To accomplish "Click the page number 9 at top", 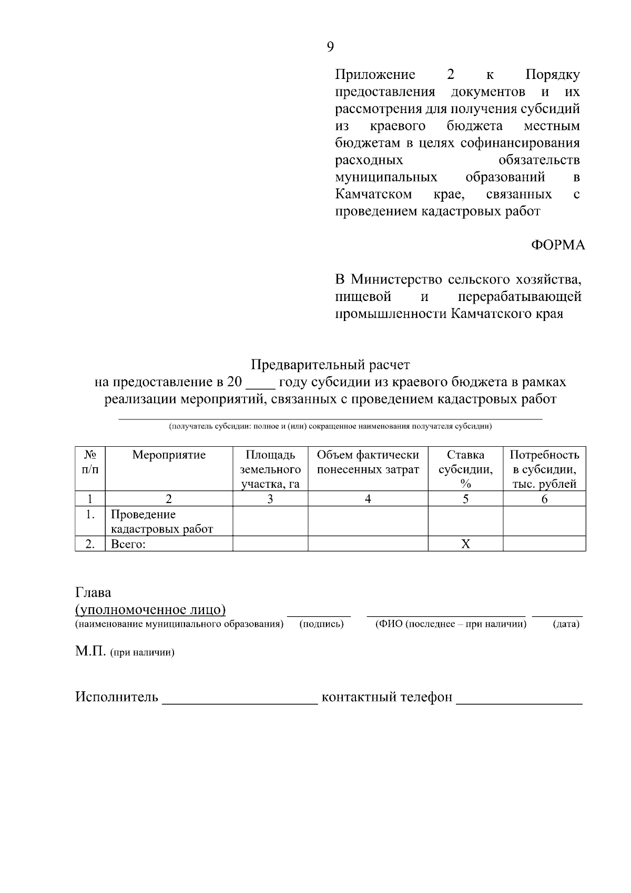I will click(330, 47).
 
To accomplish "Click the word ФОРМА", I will click(557, 245).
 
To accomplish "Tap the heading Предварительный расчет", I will click(330, 364).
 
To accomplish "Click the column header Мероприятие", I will click(169, 455).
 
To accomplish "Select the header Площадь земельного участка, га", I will click(270, 469).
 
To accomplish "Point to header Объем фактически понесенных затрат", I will click(368, 462).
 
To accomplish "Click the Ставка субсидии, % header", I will click(465, 469).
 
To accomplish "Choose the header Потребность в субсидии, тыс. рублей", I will click(544, 469).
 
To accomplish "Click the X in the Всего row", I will click(465, 544).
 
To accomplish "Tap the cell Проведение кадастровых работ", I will click(162, 521).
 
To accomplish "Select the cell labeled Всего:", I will click(128, 544).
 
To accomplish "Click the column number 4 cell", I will click(368, 499).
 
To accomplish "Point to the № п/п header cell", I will click(90, 462).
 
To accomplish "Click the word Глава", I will click(93, 593).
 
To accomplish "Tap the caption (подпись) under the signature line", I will click(321, 624).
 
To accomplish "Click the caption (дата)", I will click(566, 624).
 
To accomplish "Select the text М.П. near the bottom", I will click(90, 651).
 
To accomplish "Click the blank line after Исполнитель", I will click(240, 700).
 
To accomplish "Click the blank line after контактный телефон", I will click(519, 700).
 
